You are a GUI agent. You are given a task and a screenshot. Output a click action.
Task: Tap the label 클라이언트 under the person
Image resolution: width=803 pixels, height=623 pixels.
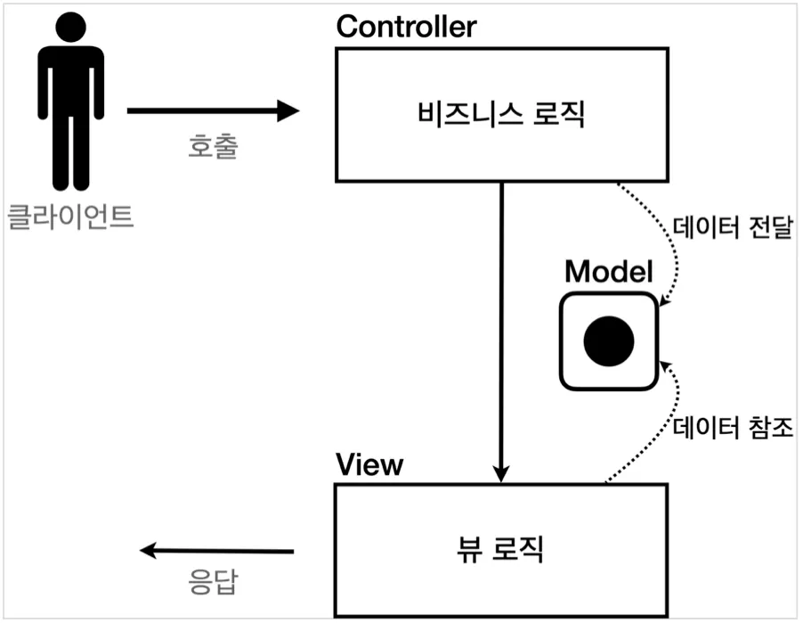pos(70,217)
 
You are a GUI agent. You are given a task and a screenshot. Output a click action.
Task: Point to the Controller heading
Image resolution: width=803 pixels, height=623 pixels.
pos(406,27)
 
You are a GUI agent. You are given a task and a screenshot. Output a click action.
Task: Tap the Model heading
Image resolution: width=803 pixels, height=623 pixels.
pos(609,271)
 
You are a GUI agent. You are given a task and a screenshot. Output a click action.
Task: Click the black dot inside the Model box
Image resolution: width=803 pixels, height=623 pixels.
pos(609,340)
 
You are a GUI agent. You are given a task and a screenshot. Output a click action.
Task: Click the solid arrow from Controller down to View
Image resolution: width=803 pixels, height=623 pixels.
pos(502,330)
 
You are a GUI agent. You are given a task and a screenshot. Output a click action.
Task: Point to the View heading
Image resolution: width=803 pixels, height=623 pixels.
pos(369,464)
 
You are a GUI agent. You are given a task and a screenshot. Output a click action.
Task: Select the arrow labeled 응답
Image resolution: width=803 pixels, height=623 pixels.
pos(218,551)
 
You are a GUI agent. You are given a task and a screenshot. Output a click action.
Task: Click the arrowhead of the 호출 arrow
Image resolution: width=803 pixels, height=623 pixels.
pos(289,111)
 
